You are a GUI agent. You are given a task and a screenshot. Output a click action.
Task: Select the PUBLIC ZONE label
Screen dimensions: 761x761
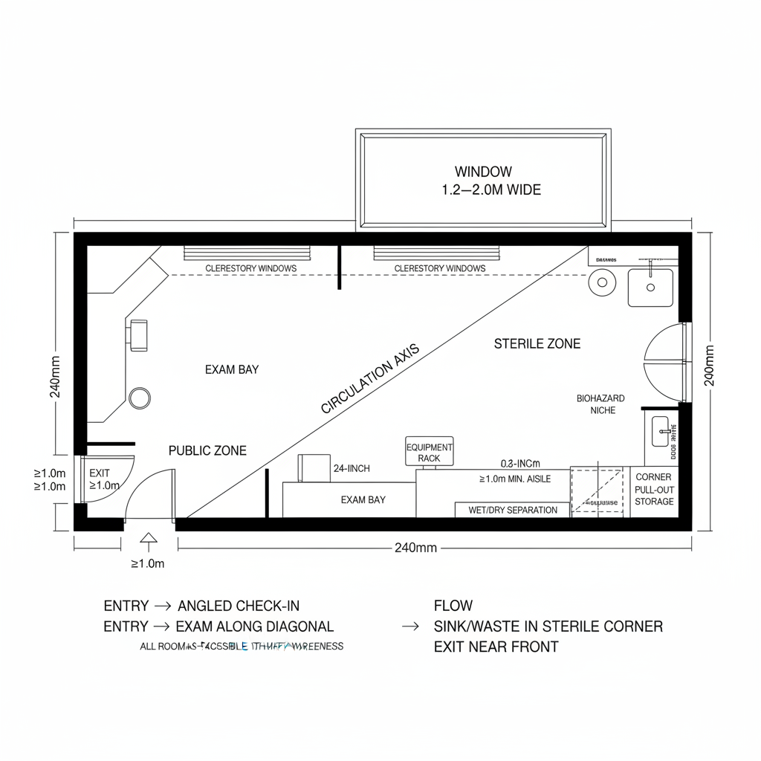pos(207,450)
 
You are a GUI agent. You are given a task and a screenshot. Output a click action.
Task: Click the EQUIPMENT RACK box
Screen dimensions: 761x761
pos(429,453)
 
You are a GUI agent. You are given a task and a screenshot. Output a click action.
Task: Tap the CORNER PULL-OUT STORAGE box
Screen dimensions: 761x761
pos(654,489)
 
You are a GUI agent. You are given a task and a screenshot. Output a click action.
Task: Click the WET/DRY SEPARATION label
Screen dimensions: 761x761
pos(513,511)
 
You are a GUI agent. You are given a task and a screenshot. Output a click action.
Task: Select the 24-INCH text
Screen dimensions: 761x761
pos(352,468)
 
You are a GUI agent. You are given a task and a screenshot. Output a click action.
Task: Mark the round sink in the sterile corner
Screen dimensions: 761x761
pos(602,282)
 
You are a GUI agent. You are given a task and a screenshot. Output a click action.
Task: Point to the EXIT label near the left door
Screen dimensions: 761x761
pos(100,473)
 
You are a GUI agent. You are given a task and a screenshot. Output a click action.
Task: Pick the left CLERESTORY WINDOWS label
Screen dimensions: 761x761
pos(250,268)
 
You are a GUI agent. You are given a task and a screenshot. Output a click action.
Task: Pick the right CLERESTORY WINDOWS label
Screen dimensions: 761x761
pos(440,268)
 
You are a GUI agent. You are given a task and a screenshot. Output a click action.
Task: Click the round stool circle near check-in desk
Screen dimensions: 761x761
pos(140,398)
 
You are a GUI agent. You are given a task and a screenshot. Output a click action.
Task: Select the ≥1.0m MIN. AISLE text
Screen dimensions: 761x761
pos(515,479)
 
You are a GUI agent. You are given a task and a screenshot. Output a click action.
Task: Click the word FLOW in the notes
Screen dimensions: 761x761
pos(453,606)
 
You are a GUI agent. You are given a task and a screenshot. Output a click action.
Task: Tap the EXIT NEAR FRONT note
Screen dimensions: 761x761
pos(496,647)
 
